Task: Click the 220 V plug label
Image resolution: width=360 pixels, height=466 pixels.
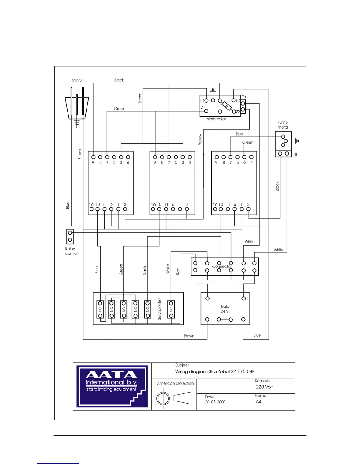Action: (76, 81)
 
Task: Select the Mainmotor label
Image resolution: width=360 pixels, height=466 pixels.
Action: (216, 119)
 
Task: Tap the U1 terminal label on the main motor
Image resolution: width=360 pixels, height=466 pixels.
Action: (202, 101)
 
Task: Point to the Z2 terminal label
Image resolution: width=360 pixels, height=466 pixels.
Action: (238, 112)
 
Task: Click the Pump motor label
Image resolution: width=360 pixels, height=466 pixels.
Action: (283, 125)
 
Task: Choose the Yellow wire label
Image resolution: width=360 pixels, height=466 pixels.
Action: (200, 139)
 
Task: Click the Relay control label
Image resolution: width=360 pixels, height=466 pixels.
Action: (71, 251)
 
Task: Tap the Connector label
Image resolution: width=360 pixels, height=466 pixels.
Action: (222, 266)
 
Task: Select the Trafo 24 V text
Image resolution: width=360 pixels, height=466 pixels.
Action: (225, 309)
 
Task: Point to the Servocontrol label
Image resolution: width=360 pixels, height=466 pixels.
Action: (160, 309)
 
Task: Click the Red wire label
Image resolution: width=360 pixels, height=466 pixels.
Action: (178, 271)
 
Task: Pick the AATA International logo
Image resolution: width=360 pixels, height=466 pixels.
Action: (112, 386)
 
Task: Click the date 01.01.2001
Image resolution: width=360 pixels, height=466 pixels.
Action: (215, 402)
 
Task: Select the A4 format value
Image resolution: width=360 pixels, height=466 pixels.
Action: (259, 402)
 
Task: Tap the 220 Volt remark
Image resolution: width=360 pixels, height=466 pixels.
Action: (264, 387)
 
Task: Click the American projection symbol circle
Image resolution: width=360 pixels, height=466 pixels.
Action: (163, 399)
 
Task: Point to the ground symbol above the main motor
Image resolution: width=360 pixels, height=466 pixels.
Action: (213, 90)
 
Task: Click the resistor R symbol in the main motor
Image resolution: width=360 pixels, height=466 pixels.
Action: (227, 106)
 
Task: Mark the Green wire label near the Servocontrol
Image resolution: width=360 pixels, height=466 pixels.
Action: (121, 269)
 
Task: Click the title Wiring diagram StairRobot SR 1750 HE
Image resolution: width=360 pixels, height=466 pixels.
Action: (215, 372)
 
